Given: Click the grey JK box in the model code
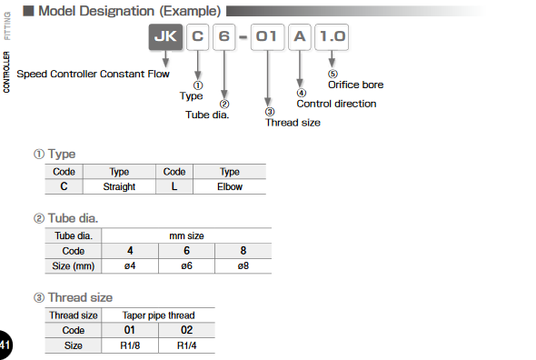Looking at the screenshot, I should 166,38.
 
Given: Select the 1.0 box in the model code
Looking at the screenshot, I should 333,38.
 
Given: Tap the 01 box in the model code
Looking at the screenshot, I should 267,38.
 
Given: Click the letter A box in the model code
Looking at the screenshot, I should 300,38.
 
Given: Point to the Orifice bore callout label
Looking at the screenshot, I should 355,85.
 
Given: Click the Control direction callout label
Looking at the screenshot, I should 336,104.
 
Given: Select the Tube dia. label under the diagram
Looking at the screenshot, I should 207,115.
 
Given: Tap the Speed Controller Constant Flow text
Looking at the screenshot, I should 94,74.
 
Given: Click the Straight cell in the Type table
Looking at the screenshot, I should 119,186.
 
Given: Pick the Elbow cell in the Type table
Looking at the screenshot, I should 229,186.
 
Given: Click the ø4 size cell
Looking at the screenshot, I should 130,265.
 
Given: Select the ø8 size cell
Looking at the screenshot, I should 243,265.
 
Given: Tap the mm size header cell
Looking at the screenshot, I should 186,235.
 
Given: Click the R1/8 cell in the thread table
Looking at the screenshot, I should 130,345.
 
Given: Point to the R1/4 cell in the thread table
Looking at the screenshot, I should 186,345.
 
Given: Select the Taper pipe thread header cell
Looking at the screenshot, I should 158,315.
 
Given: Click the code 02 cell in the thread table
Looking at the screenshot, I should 186,330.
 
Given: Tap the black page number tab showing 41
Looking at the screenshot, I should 5,345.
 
